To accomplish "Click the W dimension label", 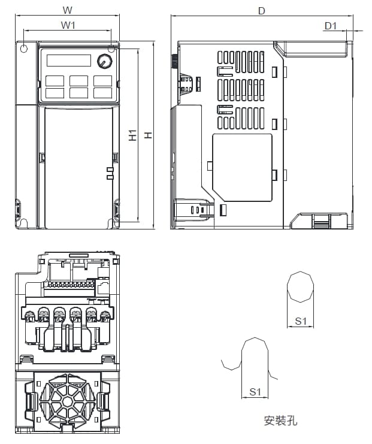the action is (x=67, y=10).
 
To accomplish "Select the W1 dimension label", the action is (x=68, y=25).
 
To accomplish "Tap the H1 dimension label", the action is (x=132, y=135).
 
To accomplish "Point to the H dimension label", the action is (x=149, y=135).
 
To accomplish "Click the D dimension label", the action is (x=262, y=11).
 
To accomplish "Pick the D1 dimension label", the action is (x=331, y=26).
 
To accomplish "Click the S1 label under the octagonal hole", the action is (x=301, y=321).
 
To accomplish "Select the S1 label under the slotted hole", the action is (x=255, y=392).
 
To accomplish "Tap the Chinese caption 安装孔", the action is (x=280, y=421).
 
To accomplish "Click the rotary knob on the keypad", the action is (x=105, y=62).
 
